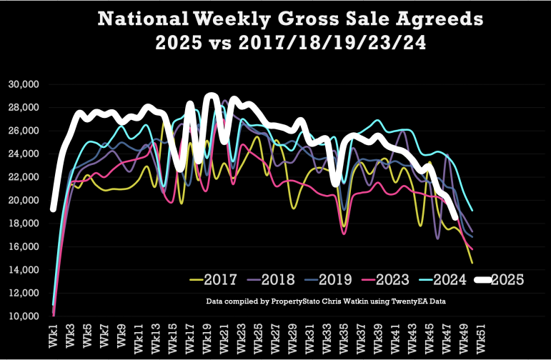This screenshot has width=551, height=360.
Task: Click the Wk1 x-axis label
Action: [x=54, y=336]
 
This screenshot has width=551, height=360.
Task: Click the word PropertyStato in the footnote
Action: [x=294, y=302]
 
